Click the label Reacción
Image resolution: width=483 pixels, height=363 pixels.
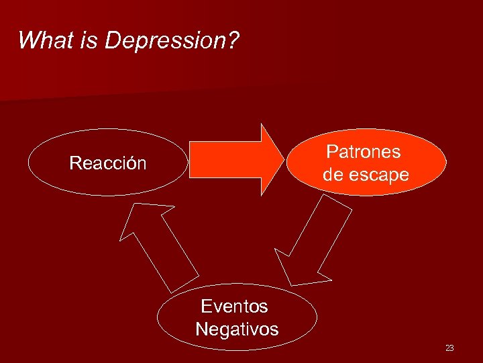(x=108, y=163)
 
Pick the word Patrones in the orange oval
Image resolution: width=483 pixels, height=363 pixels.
(x=364, y=152)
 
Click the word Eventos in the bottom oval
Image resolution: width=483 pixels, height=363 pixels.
(x=234, y=307)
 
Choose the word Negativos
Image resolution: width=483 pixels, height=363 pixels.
(x=237, y=329)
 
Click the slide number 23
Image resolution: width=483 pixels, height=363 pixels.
(x=449, y=348)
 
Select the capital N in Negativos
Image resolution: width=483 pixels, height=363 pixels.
(x=202, y=329)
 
